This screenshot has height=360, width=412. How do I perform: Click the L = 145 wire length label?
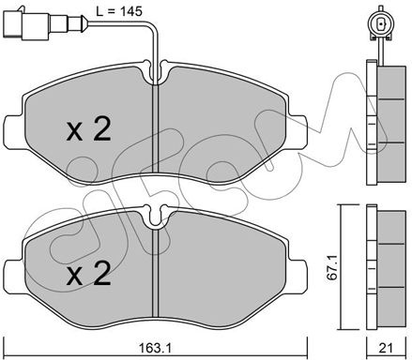119,11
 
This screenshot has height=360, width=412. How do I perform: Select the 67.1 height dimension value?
332,267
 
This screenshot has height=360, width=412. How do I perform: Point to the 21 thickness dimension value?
387,348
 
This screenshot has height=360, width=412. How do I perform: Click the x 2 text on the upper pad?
89,127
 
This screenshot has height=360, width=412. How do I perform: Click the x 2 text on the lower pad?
89,273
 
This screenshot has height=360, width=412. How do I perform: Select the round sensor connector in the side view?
381,23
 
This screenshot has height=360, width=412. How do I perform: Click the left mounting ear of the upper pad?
14,131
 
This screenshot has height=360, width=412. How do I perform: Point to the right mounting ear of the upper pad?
297,131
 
